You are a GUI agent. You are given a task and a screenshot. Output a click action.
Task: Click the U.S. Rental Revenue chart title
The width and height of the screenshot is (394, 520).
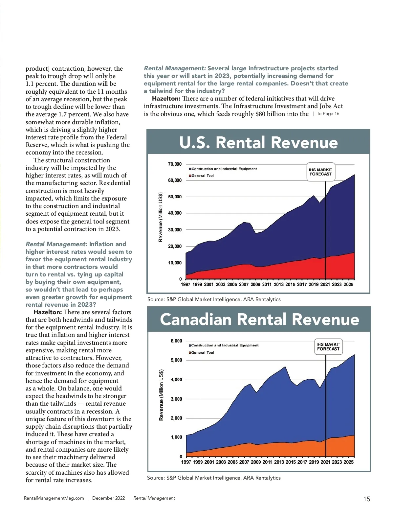[258, 143]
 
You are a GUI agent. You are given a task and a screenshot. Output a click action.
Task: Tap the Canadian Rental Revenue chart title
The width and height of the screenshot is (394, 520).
[259, 319]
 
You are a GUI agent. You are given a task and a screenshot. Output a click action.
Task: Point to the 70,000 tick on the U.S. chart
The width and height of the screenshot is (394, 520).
[175, 164]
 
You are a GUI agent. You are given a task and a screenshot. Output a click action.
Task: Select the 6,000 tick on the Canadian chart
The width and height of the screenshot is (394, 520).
[176, 341]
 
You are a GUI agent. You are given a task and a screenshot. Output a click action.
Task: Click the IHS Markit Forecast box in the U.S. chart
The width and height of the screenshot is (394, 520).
[320, 172]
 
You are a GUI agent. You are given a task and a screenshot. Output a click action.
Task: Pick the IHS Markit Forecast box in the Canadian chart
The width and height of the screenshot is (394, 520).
[328, 347]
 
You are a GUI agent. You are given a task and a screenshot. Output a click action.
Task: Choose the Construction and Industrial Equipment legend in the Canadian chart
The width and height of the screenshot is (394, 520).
[225, 345]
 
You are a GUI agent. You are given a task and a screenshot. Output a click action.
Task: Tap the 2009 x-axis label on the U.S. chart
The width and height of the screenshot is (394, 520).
[255, 285]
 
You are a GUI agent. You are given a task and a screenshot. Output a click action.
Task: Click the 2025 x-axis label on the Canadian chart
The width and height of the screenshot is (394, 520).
[349, 462]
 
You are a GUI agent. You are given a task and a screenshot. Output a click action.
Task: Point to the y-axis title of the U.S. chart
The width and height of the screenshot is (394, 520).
[161, 217]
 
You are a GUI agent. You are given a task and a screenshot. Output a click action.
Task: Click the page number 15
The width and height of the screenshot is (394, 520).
[366, 499]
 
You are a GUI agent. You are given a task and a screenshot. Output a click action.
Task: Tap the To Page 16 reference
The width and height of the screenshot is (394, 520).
[328, 114]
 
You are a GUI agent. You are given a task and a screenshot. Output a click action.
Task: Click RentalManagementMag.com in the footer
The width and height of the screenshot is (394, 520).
[54, 498]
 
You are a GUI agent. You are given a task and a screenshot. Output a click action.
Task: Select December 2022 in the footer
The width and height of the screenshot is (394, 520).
[108, 498]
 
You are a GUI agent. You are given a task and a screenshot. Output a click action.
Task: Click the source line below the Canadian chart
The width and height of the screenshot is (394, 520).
[214, 478]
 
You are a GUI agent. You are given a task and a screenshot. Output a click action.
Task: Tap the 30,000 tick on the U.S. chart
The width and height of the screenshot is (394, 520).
[175, 230]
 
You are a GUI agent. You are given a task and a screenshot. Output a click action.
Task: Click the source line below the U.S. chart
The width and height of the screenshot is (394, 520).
[214, 299]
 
